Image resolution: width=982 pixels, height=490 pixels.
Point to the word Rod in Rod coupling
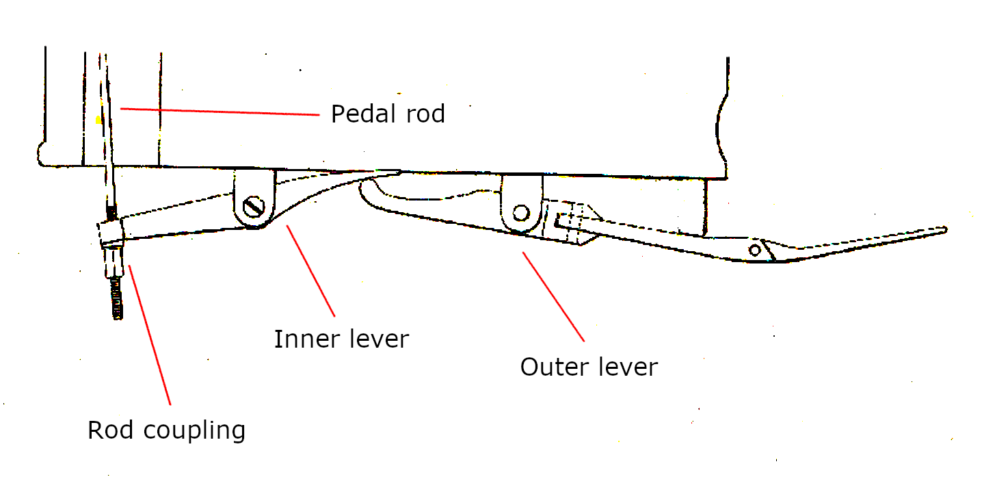(108, 430)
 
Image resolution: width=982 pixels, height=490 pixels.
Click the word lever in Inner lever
(377, 339)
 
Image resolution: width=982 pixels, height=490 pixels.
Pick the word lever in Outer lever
(626, 367)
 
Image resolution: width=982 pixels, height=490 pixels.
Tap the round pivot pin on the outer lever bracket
(521, 213)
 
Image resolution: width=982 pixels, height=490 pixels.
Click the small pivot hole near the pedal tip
(755, 250)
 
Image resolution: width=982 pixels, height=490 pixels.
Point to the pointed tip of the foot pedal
(944, 230)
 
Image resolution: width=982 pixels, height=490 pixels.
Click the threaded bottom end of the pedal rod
(117, 301)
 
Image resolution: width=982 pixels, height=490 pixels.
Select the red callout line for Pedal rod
(219, 112)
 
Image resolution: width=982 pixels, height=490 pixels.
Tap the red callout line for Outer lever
(554, 296)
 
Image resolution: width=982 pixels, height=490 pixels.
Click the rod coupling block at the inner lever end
(111, 233)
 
